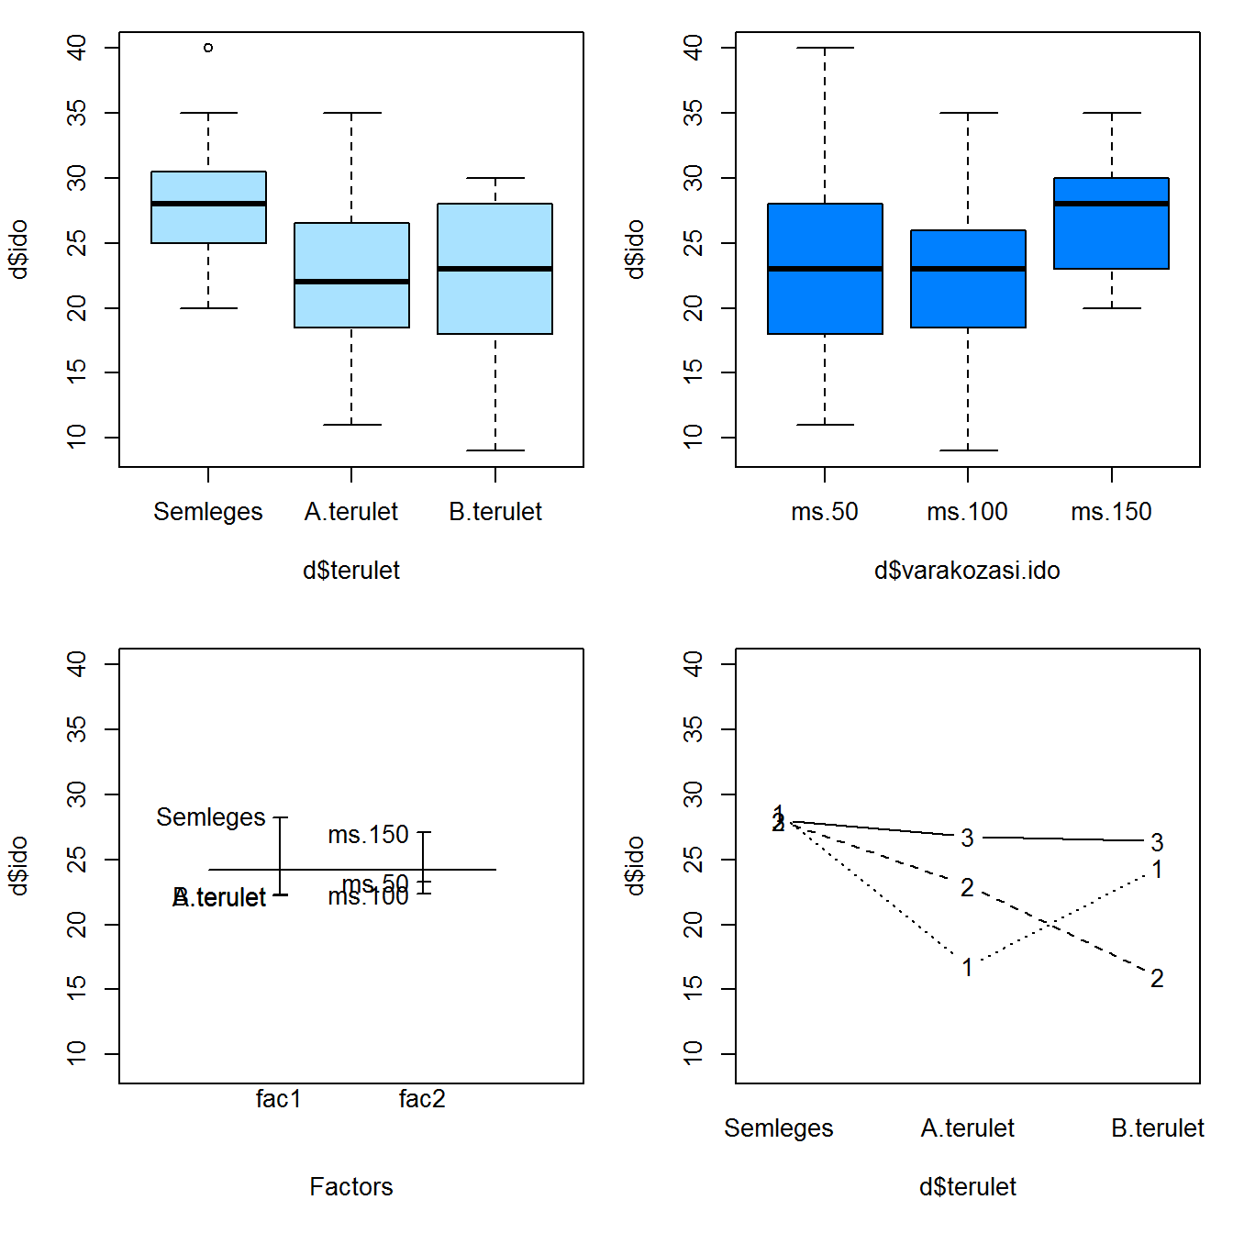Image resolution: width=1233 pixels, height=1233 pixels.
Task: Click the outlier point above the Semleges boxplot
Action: pyautogui.click(x=208, y=48)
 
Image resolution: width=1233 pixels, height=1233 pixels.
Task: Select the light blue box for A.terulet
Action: pyautogui.click(x=351, y=275)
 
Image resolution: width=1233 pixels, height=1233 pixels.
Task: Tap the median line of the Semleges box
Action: pyautogui.click(x=208, y=204)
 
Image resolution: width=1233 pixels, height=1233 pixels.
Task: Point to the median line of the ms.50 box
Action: pyautogui.click(x=825, y=269)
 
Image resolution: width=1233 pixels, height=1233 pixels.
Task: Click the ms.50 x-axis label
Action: pyautogui.click(x=825, y=512)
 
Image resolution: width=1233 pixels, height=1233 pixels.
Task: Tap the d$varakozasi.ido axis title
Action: pyautogui.click(x=967, y=571)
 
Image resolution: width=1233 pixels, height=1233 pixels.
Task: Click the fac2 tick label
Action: pyautogui.click(x=422, y=1099)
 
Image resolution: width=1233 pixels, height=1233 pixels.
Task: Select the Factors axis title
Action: pyautogui.click(x=350, y=1187)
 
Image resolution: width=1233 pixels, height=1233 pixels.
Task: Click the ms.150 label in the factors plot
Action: pyautogui.click(x=368, y=835)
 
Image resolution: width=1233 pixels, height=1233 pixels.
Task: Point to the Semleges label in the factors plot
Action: pyautogui.click(x=210, y=817)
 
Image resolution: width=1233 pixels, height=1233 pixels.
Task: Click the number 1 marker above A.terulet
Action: pyautogui.click(x=967, y=967)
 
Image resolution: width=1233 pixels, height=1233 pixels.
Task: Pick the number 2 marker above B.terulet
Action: pyautogui.click(x=1157, y=979)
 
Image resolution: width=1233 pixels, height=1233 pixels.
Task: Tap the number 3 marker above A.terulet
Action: pyautogui.click(x=967, y=838)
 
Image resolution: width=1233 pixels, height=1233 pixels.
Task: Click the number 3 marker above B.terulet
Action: pyautogui.click(x=1157, y=842)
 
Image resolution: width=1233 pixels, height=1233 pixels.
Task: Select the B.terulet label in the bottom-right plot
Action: pyautogui.click(x=1157, y=1128)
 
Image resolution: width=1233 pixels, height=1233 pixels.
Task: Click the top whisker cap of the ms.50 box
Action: pyautogui.click(x=825, y=48)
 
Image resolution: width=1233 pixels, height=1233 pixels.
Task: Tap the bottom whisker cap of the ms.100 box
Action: pyautogui.click(x=968, y=450)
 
